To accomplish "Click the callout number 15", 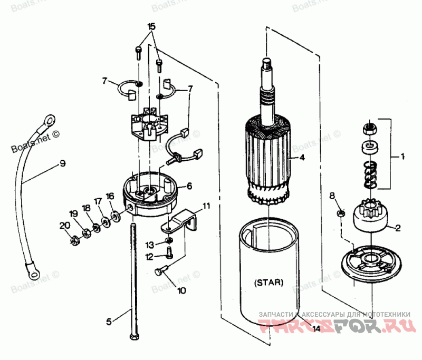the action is [x=151, y=26].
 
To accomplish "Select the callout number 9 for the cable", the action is [x=62, y=164].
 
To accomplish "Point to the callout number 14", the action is [x=316, y=329].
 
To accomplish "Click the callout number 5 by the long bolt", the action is [x=109, y=320].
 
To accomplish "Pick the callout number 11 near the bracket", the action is [x=206, y=205].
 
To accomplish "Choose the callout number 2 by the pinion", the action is [x=398, y=228].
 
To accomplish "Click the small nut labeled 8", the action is [x=341, y=213].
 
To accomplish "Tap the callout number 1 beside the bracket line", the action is [x=402, y=157].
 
